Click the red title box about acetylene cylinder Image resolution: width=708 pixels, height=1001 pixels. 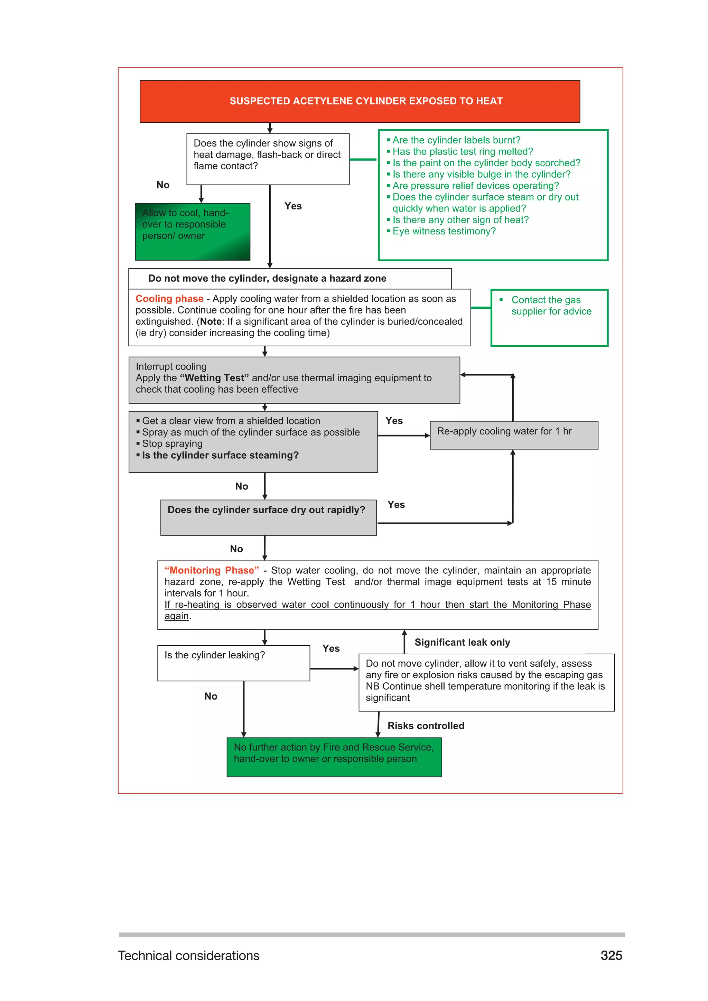[x=360, y=101]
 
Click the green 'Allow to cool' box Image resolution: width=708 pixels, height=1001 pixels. [x=192, y=232]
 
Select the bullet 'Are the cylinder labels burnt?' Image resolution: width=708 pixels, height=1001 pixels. [x=456, y=140]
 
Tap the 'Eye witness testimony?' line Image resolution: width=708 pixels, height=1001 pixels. [x=444, y=231]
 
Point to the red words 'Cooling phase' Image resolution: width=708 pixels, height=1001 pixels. [x=169, y=299]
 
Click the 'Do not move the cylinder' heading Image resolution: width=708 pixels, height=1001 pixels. [x=267, y=279]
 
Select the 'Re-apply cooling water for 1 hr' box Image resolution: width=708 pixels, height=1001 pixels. [x=514, y=435]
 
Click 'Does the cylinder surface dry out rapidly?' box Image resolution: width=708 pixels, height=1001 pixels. [x=268, y=517]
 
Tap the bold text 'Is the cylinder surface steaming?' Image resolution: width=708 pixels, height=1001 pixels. [x=220, y=455]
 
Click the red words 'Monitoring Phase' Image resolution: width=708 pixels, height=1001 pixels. [x=212, y=570]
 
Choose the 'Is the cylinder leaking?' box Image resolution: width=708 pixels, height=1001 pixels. [x=233, y=663]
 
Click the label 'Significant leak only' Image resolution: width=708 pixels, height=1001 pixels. [x=462, y=642]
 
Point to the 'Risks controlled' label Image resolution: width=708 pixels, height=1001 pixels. [x=426, y=726]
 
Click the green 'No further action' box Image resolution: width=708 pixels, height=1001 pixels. [x=334, y=757]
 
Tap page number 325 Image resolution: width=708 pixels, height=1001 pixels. [x=611, y=955]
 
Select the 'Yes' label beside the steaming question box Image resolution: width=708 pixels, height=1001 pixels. [x=394, y=421]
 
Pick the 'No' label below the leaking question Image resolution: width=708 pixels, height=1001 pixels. [x=211, y=696]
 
